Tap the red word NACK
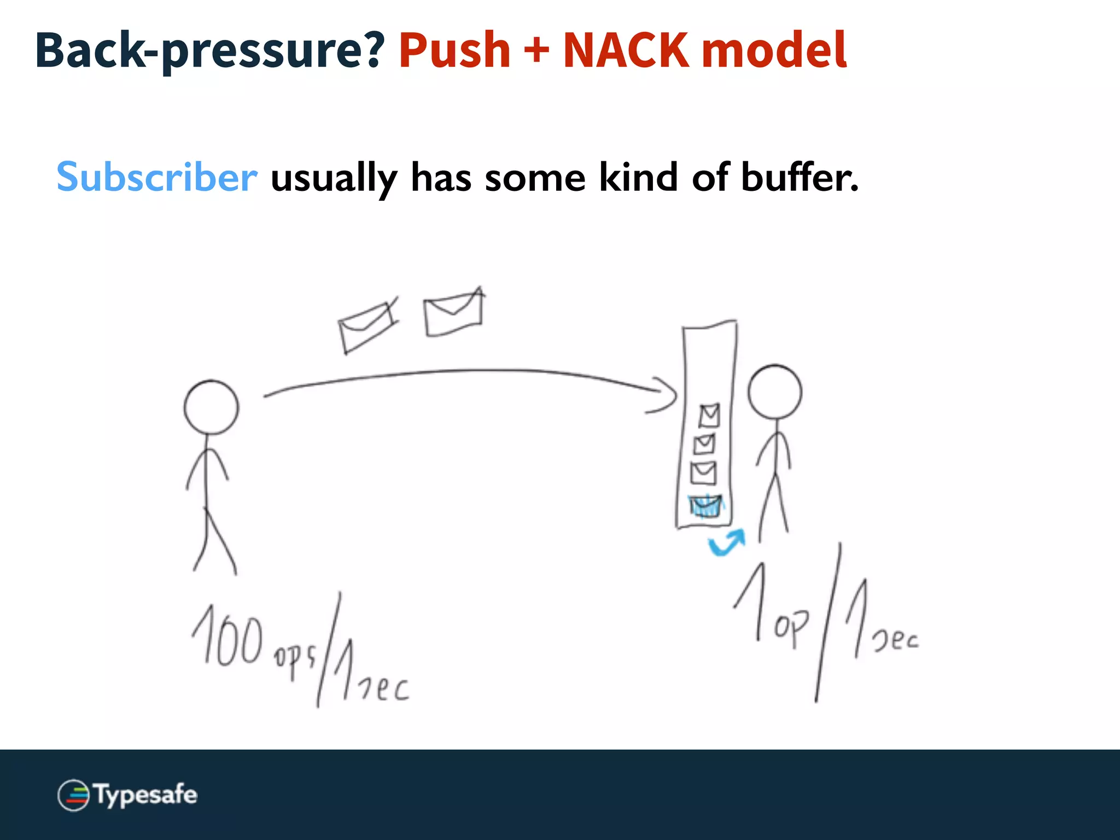[626, 50]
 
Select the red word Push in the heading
[454, 50]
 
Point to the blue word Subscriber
[157, 177]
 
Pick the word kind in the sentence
[638, 177]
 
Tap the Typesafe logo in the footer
[127, 795]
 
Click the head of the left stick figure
[211, 407]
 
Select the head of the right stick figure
[775, 392]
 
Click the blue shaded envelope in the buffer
[706, 506]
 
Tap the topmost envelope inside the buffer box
[709, 416]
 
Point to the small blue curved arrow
[727, 542]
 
